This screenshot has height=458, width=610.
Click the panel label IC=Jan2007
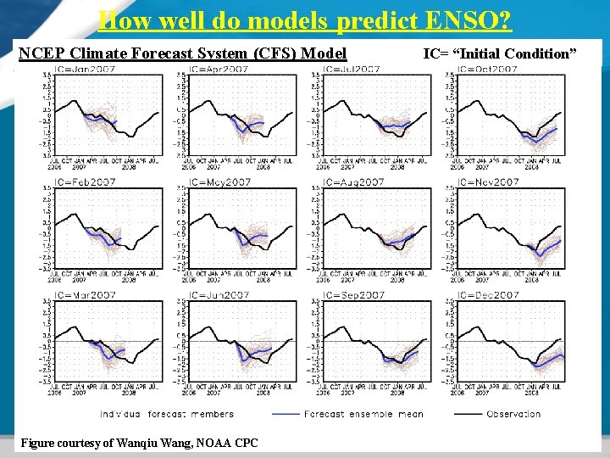point(86,69)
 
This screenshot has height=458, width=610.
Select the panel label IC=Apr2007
point(219,69)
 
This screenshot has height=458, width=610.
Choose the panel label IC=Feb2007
point(86,182)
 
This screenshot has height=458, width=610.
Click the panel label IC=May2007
point(219,182)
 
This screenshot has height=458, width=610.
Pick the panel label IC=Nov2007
point(488,182)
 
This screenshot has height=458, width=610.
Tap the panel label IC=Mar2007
point(86,295)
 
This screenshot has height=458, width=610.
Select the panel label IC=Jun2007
point(219,295)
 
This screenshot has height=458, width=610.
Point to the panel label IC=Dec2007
point(488,295)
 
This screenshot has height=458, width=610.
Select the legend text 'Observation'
point(513,414)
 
